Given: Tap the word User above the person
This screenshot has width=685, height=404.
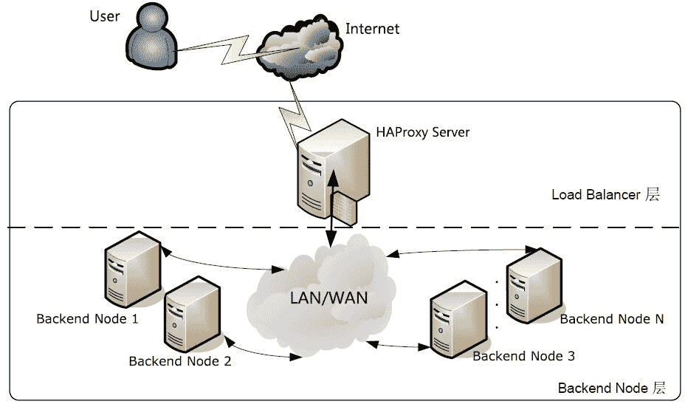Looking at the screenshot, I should tap(104, 16).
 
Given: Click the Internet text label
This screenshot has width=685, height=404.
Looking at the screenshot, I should tap(372, 30).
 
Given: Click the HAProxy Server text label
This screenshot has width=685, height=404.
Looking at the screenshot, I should tap(422, 133).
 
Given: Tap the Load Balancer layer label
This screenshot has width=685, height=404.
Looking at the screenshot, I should tap(605, 195).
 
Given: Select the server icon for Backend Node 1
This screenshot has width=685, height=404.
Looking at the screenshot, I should tap(131, 269).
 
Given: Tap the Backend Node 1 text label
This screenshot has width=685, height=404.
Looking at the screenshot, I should tap(87, 319).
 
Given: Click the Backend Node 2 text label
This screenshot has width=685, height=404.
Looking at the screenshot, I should tap(179, 361).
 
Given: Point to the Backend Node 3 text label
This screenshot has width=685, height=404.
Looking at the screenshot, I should tap(523, 356).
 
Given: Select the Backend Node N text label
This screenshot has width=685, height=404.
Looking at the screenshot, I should tap(612, 319).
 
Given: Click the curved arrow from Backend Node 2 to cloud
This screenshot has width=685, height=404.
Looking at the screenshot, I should tap(262, 351).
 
